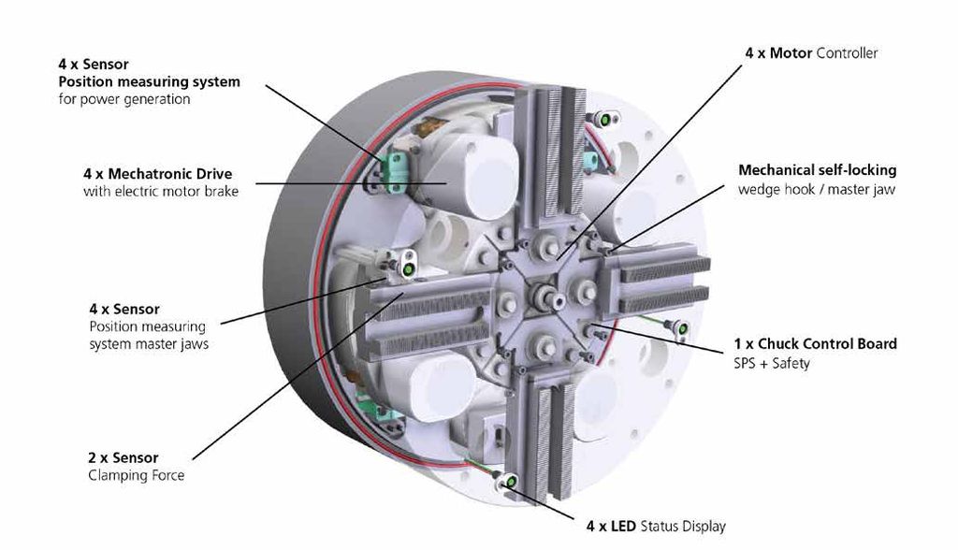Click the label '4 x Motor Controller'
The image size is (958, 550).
(811, 53)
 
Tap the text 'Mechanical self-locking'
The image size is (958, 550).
(817, 170)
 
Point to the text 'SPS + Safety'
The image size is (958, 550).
(771, 362)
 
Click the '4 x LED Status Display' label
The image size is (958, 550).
(655, 526)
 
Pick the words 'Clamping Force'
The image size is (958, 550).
(136, 475)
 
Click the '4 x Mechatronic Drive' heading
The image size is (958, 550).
(157, 174)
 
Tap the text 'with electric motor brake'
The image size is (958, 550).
(161, 192)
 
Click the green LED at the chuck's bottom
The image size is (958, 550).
(513, 482)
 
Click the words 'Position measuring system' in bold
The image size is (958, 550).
(149, 81)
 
